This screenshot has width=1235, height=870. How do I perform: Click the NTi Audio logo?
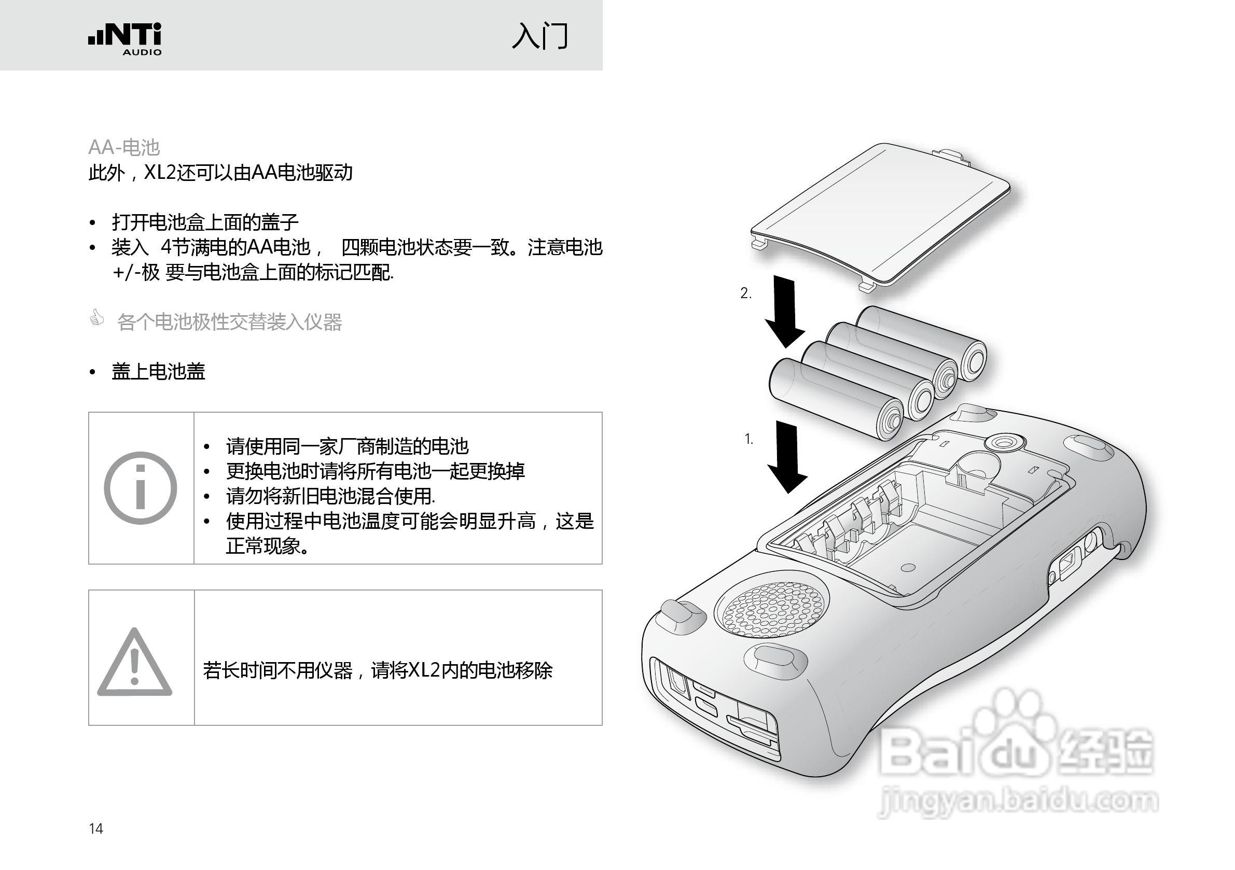pyautogui.click(x=125, y=39)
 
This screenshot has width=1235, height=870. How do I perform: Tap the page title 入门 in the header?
pyautogui.click(x=539, y=36)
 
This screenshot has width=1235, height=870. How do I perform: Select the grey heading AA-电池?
pyautogui.click(x=124, y=147)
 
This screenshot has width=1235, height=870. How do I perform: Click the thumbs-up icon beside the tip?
pyautogui.click(x=97, y=318)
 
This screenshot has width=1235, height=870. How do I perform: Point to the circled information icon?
pyautogui.click(x=141, y=488)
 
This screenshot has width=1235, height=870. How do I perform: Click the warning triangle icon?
pyautogui.click(x=134, y=664)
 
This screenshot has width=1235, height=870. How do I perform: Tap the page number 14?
pyautogui.click(x=96, y=829)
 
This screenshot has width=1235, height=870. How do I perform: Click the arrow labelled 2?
pyautogui.click(x=785, y=311)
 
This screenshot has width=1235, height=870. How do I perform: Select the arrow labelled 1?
pyautogui.click(x=787, y=456)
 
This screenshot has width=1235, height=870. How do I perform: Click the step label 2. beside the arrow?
pyautogui.click(x=746, y=293)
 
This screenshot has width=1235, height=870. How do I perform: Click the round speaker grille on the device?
pyautogui.click(x=772, y=610)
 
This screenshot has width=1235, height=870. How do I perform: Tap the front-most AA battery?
pyautogui.click(x=836, y=400)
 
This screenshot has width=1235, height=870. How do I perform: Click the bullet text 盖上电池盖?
pyautogui.click(x=158, y=372)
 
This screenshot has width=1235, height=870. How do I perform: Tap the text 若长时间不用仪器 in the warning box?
pyautogui.click(x=277, y=670)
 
